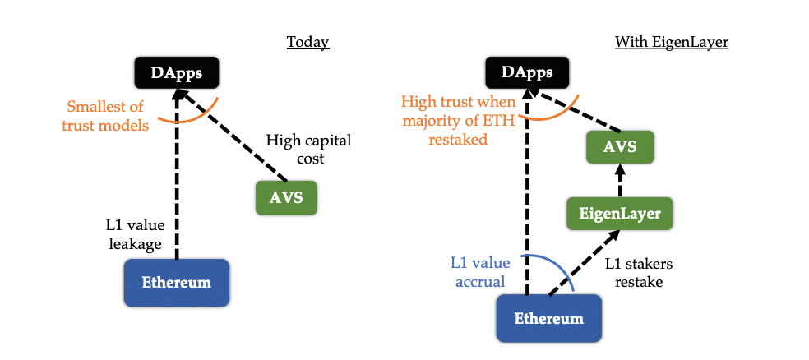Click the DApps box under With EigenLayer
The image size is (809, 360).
tap(527, 73)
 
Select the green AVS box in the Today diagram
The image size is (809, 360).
tap(285, 197)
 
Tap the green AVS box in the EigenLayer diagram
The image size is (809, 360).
tap(620, 149)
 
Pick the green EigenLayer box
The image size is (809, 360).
tap(620, 214)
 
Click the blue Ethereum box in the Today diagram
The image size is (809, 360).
tap(176, 282)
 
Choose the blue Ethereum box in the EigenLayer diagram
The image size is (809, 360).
tap(549, 318)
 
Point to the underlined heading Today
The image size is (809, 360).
tap(307, 42)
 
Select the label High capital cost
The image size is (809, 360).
tap(295, 149)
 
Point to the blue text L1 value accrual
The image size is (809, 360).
tap(479, 272)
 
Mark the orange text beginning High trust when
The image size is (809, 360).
tap(459, 121)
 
